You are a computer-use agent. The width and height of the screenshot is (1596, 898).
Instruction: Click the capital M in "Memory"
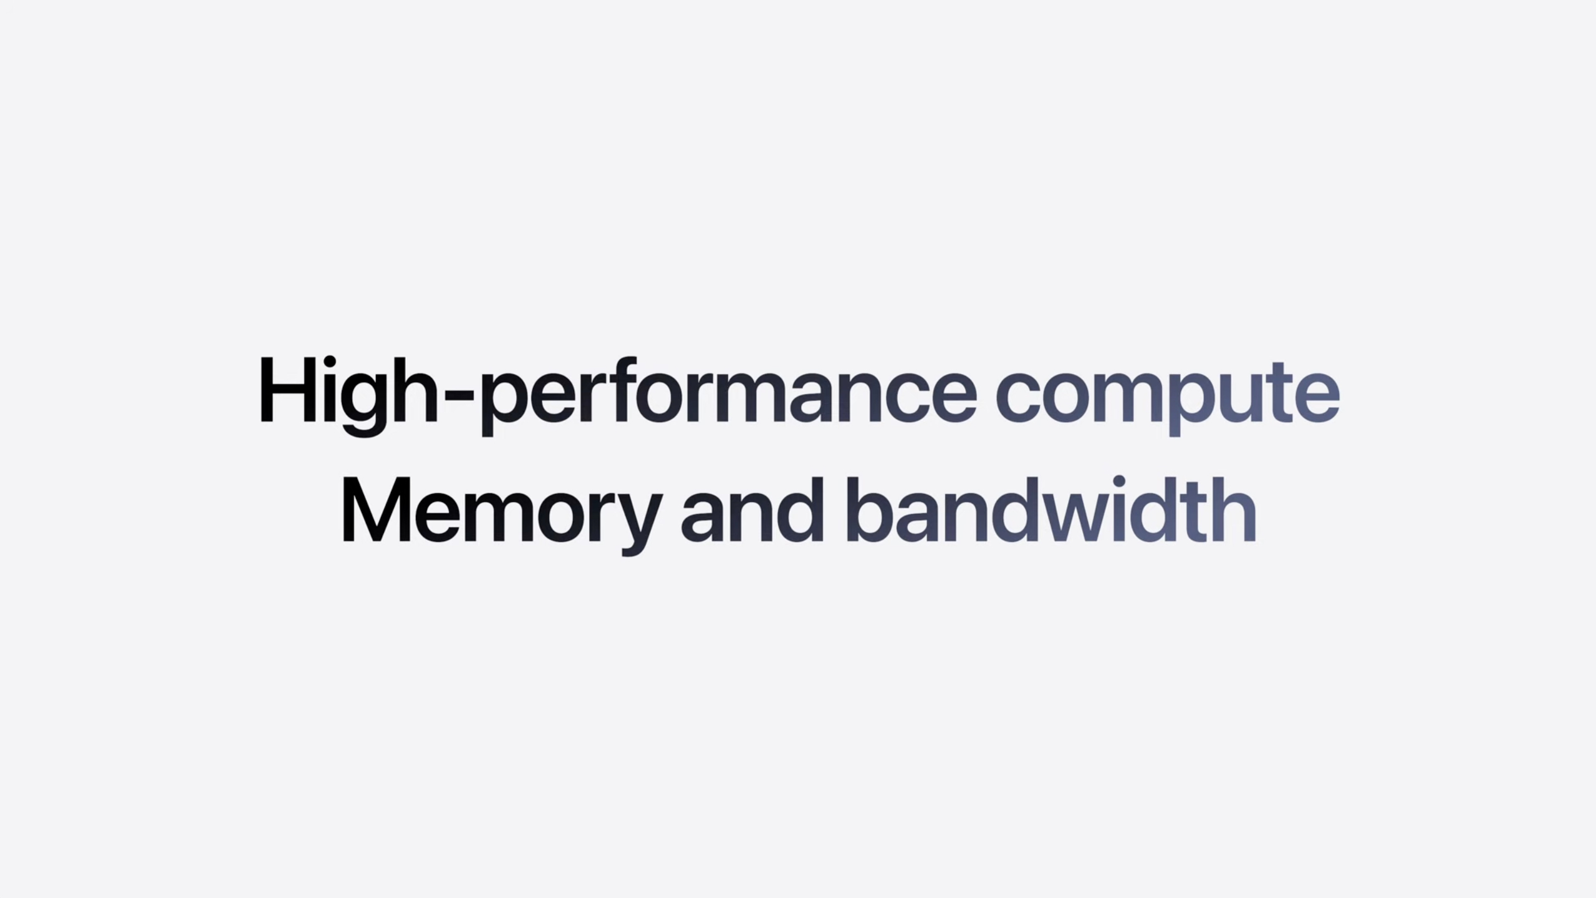[x=378, y=509]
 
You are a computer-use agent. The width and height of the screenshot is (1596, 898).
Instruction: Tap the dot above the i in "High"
[x=330, y=363]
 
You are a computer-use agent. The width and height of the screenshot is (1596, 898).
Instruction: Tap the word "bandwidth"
[x=1054, y=509]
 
